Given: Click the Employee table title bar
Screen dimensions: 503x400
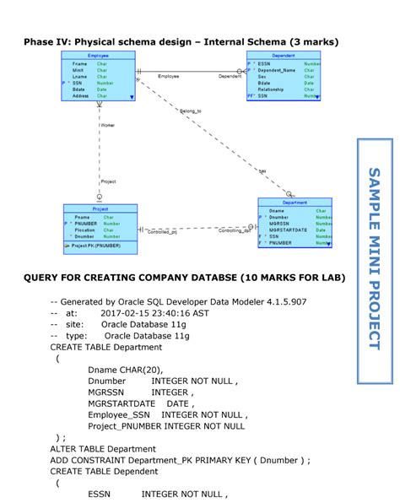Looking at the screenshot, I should [99, 55].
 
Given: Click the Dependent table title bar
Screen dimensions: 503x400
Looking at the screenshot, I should [283, 55].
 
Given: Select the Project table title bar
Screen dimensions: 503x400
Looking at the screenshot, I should [100, 208].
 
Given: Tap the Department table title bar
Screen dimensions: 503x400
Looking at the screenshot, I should [295, 203].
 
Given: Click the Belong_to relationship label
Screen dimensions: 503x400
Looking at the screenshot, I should [191, 111].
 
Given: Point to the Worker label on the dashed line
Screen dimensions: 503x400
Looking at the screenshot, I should [107, 125].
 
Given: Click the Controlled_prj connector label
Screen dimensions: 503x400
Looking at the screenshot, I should [162, 231].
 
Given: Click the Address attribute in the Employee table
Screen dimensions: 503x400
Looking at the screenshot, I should [81, 96].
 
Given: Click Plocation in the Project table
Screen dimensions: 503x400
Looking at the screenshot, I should [84, 230].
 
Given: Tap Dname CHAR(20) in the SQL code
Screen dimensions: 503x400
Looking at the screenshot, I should [125, 370].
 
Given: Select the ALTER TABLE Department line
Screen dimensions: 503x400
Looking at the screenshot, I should [103, 449].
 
